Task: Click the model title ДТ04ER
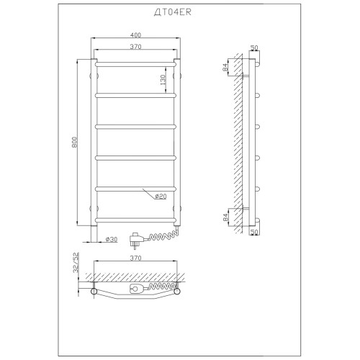coord(173,12)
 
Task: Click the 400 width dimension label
coord(135,35)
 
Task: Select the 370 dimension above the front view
coord(135,47)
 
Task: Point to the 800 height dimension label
coord(74,142)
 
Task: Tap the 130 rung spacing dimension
coord(163,80)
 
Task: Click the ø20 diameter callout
coord(161,197)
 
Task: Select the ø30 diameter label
coord(112,239)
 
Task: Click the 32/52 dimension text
coord(76,262)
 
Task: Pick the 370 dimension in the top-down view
coord(135,258)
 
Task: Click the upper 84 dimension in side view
coord(225,67)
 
